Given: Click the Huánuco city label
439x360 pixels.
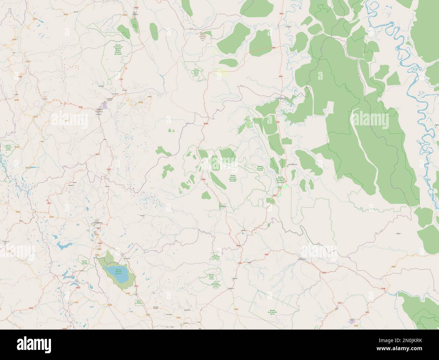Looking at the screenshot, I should (x=99, y=110).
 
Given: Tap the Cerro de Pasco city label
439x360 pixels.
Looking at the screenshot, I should (x=97, y=223).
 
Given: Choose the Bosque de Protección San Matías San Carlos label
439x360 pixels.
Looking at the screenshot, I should (x=280, y=179).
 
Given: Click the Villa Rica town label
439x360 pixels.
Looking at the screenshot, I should (x=243, y=231).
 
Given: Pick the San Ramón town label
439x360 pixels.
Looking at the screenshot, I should (x=231, y=288).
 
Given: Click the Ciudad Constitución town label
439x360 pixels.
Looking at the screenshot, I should (x=281, y=99).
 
